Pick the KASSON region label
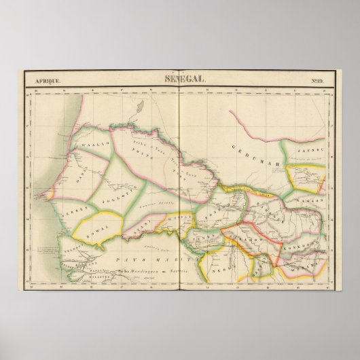pos(311,203)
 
